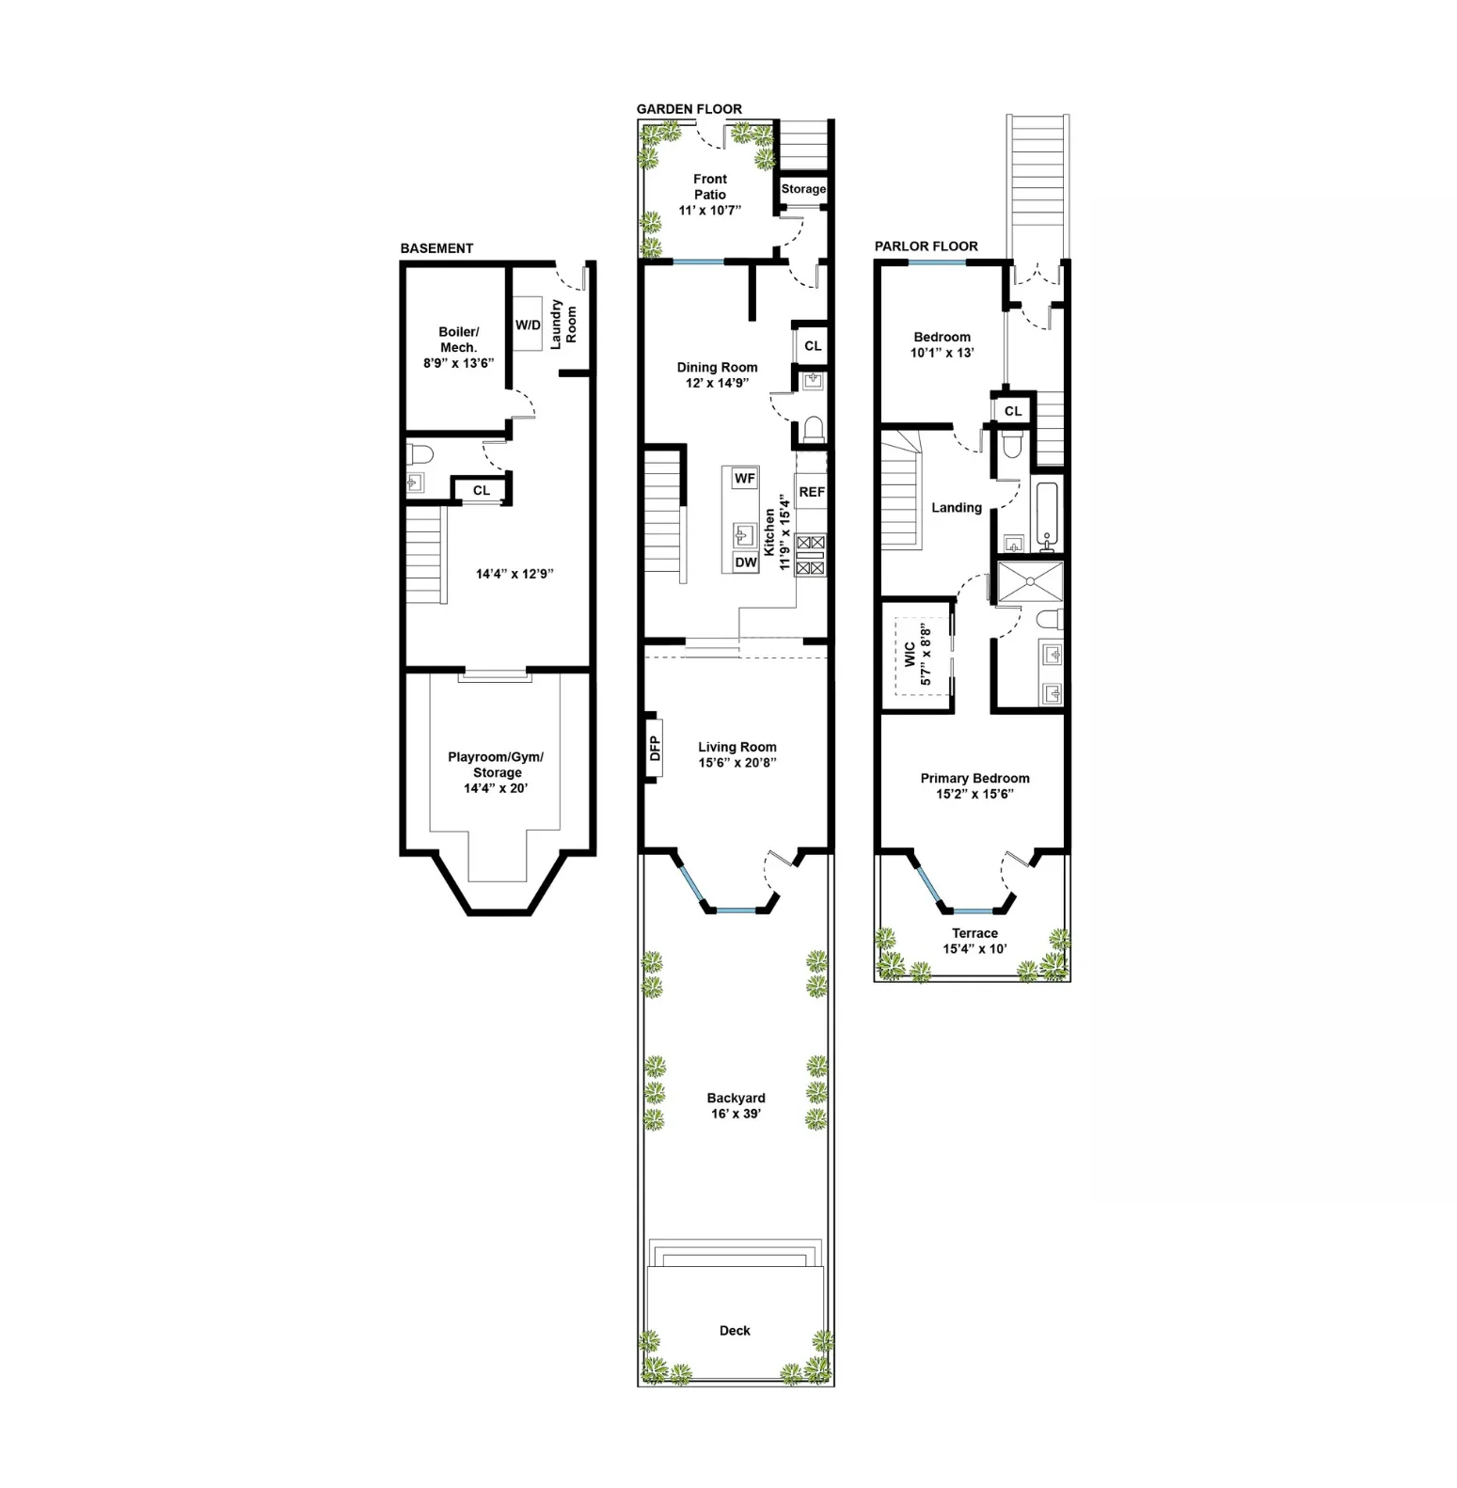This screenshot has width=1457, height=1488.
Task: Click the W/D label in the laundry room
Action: pyautogui.click(x=528, y=325)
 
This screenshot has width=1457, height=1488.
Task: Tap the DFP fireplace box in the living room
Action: pyautogui.click(x=655, y=749)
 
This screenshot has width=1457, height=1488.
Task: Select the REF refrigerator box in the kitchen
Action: pyautogui.click(x=811, y=492)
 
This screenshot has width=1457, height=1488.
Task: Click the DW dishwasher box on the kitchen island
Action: pyautogui.click(x=745, y=562)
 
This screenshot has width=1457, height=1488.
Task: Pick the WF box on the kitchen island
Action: pyautogui.click(x=744, y=478)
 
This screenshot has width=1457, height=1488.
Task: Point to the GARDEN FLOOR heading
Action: pyautogui.click(x=689, y=109)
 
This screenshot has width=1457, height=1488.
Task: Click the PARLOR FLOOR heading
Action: pyautogui.click(x=926, y=246)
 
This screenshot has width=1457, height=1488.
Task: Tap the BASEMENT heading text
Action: pyautogui.click(x=436, y=248)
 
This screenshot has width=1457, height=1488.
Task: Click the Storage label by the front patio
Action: pyautogui.click(x=803, y=189)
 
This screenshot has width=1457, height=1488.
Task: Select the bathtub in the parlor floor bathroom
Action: pyautogui.click(x=1046, y=515)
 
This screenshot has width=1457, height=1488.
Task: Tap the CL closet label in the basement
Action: pyautogui.click(x=482, y=490)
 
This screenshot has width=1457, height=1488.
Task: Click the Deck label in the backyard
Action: pyautogui.click(x=735, y=1330)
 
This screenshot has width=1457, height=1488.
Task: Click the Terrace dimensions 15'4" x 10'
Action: pyautogui.click(x=974, y=948)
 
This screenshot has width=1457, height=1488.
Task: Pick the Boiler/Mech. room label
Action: pyautogui.click(x=458, y=340)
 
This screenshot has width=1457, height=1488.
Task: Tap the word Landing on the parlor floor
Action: pyautogui.click(x=956, y=508)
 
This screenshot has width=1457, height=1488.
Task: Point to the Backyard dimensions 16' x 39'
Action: pyautogui.click(x=736, y=1114)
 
